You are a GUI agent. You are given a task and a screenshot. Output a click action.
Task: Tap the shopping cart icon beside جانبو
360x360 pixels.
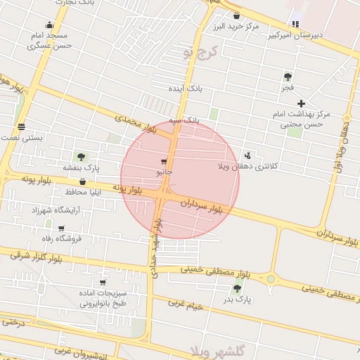164,160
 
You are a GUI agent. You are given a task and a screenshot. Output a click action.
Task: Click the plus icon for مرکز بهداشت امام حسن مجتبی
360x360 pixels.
301,103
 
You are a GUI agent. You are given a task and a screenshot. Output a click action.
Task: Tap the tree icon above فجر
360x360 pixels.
288,77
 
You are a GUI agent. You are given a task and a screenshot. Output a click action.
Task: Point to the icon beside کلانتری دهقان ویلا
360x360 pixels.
247,155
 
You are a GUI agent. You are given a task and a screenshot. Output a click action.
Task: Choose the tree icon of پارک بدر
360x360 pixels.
238,287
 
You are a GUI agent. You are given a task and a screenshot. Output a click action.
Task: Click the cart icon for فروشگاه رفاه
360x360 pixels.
62,228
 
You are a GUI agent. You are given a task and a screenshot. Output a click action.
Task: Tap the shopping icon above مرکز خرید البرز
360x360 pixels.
236,15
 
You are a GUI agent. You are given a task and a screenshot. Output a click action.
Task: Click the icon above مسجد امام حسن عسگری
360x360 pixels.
49,23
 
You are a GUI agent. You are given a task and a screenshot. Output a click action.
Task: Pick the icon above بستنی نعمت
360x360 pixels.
22,127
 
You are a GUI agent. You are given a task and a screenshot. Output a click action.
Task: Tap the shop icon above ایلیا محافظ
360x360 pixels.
83,181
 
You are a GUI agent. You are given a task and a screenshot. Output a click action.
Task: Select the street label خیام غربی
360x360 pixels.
186,304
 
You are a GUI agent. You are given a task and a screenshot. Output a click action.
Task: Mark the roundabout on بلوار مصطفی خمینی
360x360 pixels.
271,279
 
